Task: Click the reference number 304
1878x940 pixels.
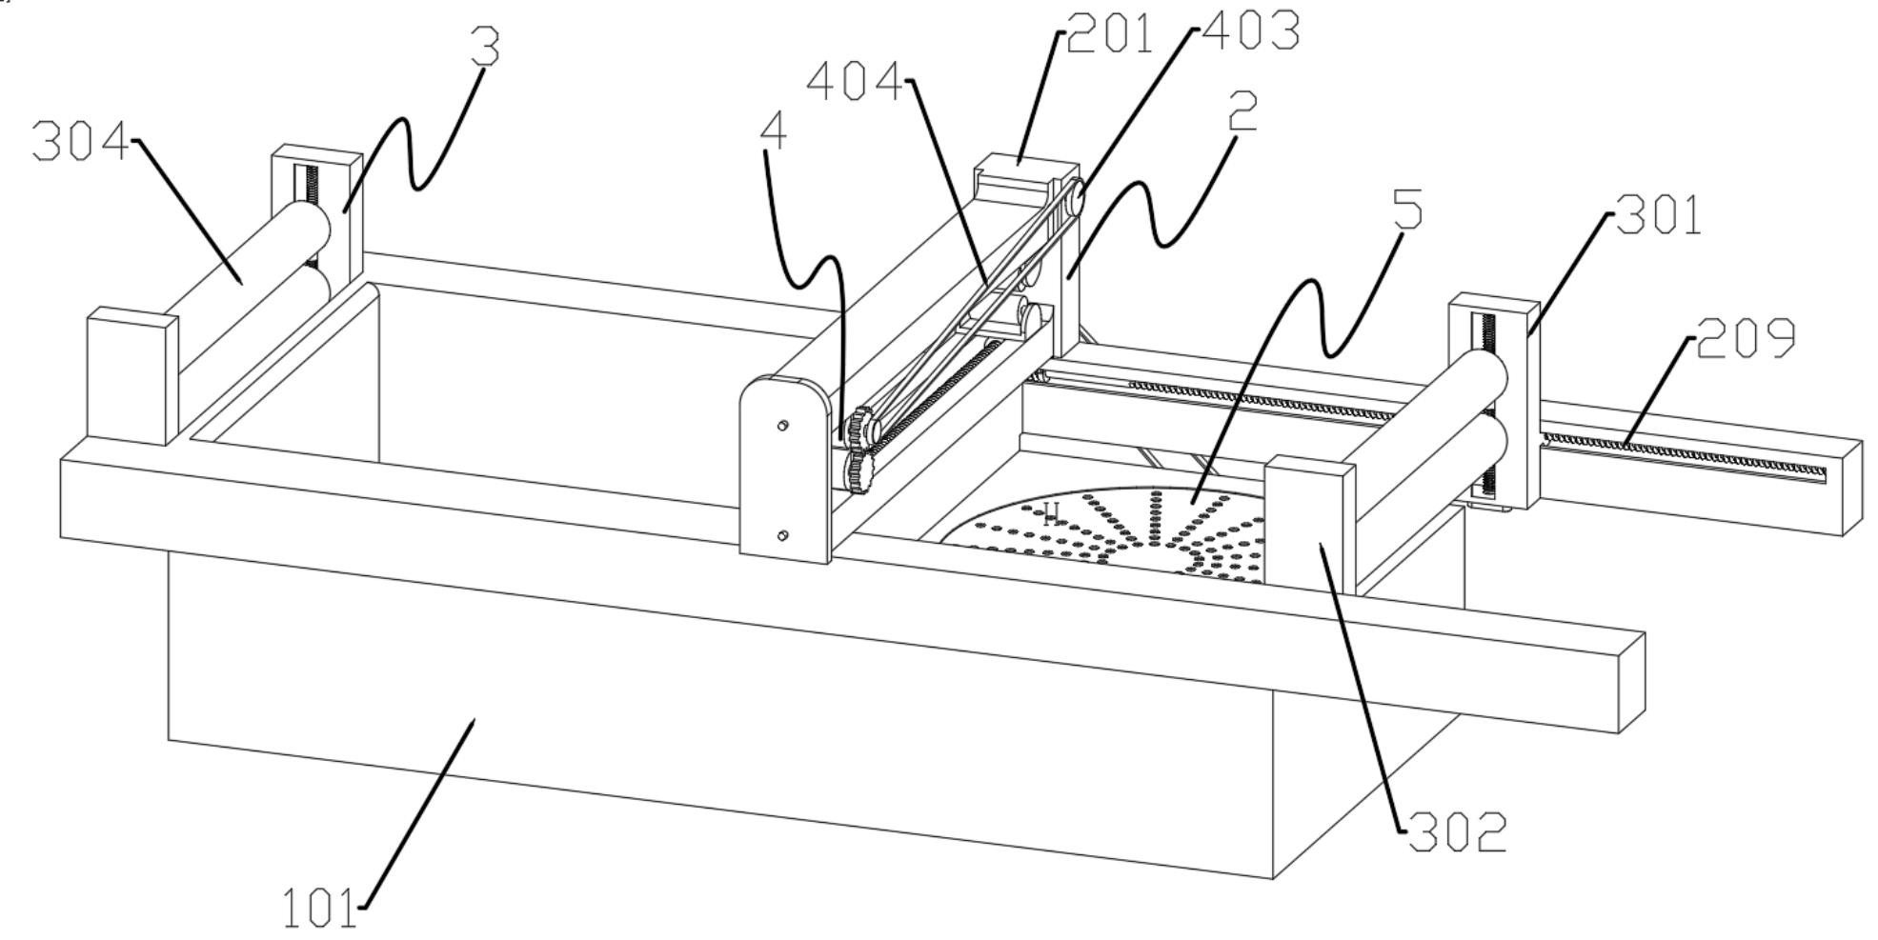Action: pos(79,143)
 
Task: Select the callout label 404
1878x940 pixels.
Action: pos(854,83)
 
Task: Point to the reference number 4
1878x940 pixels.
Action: pos(774,133)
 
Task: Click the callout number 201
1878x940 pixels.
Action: pos(1109,34)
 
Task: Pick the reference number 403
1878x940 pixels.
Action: pos(1250,30)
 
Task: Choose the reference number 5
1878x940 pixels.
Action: pos(1407,210)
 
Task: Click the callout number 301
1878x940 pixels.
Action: pos(1659,217)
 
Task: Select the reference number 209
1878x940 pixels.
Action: pos(1746,338)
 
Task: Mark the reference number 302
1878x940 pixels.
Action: pos(1457,832)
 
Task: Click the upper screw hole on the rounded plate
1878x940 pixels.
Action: pos(782,426)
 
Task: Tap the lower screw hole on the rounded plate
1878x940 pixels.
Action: pos(782,536)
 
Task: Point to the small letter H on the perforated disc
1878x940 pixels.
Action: pos(1051,515)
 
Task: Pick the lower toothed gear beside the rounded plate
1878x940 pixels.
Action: pos(860,470)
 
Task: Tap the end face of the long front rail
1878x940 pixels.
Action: pos(1632,682)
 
